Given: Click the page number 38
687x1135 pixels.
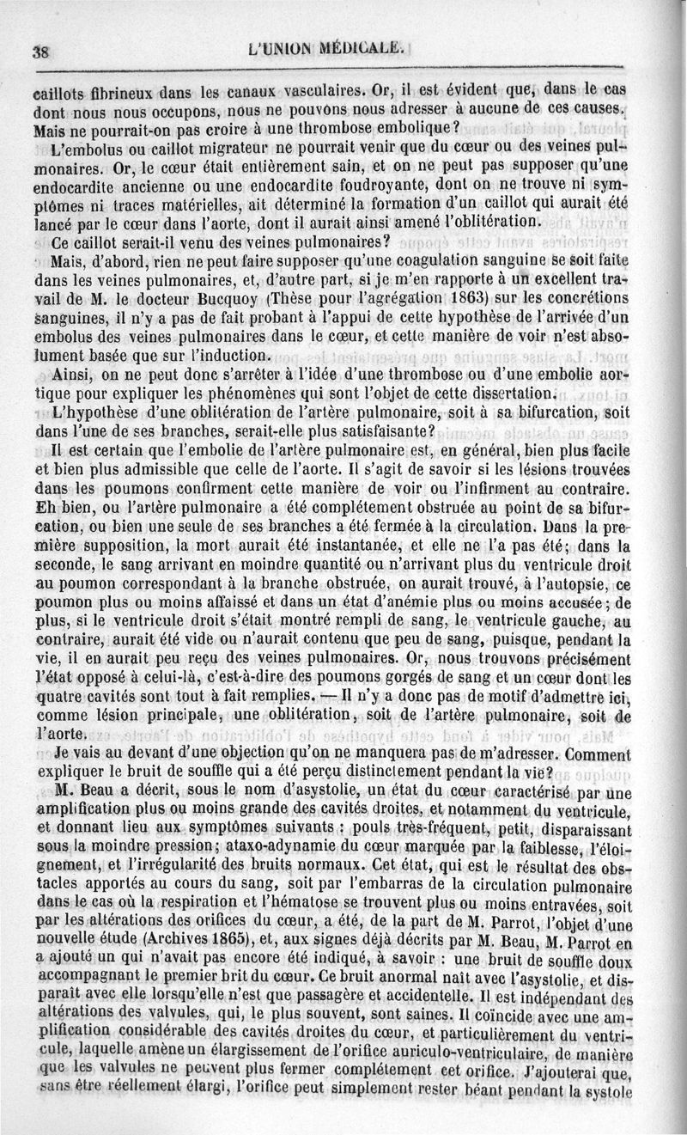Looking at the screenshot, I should [x=40, y=51].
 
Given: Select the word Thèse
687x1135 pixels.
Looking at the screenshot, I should [x=297, y=297].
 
